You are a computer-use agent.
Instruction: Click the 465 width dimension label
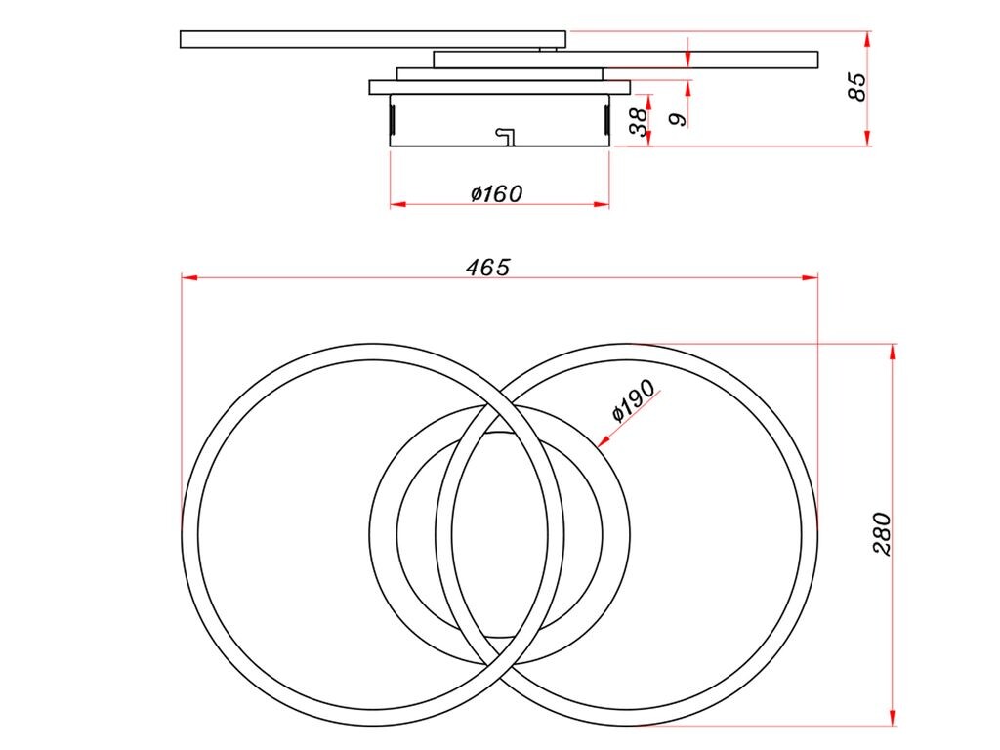coord(488,268)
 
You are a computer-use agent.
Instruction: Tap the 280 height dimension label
coord(882,534)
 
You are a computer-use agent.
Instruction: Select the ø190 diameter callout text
coord(633,400)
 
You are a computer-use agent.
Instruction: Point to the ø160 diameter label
coord(496,193)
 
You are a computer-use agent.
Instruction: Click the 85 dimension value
coord(858,87)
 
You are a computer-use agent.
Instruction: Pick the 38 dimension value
coord(639,121)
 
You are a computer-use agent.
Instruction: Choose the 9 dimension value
coord(679,119)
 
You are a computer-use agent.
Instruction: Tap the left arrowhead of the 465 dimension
coord(189,277)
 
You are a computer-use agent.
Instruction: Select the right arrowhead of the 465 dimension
coord(810,277)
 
